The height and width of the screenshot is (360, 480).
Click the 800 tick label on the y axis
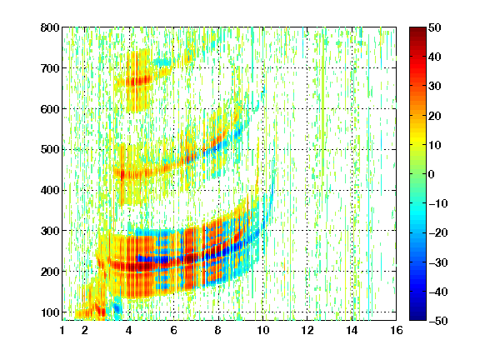[50, 27]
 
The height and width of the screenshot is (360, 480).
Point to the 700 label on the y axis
[50, 68]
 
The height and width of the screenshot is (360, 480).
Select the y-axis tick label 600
[50, 109]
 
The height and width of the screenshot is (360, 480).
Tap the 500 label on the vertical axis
[50, 150]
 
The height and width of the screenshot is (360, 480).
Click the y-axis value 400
[50, 190]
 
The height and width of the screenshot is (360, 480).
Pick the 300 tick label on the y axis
[50, 231]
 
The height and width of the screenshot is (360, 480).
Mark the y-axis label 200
[50, 272]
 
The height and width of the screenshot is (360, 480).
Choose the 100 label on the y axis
[50, 312]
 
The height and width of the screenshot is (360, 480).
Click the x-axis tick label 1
[62, 330]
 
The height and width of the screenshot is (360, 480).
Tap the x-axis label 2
[85, 330]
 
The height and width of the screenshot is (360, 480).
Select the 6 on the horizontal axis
[174, 330]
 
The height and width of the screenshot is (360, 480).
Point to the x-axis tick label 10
[263, 330]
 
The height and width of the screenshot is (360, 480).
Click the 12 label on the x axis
[307, 330]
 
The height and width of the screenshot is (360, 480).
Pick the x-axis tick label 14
[352, 330]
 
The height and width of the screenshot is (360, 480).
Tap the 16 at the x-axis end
[397, 330]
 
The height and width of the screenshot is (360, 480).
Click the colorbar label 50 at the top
[435, 27]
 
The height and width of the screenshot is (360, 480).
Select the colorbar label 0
[432, 174]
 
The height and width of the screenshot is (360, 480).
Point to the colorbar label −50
[438, 321]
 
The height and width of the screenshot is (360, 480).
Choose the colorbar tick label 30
[435, 87]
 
